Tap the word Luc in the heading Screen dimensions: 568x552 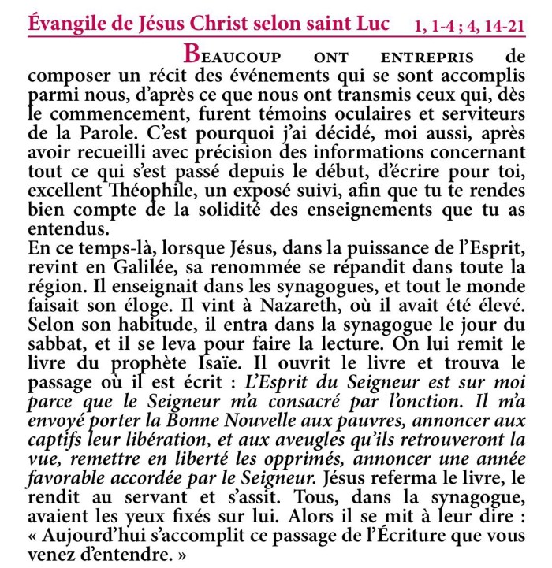[370, 22]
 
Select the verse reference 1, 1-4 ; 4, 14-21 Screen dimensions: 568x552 [470, 24]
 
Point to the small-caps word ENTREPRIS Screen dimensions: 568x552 [427, 58]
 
